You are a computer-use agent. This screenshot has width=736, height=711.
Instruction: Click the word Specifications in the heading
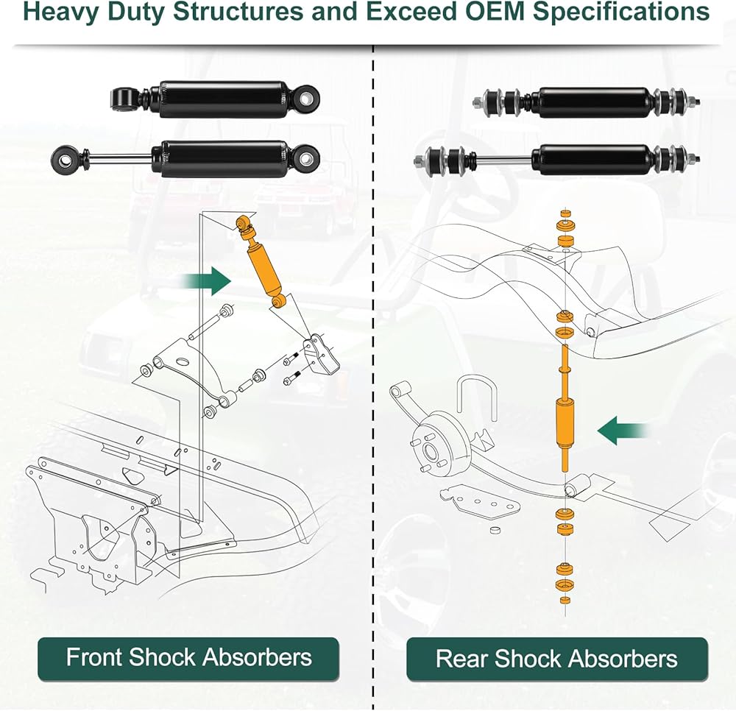pos(621,13)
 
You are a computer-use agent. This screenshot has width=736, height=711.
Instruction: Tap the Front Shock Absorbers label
pos(188,657)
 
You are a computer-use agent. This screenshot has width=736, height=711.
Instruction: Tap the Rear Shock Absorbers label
pos(556,658)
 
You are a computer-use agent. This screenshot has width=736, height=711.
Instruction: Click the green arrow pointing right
pos(207,282)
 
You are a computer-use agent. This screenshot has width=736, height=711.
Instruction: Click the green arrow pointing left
pos(623,431)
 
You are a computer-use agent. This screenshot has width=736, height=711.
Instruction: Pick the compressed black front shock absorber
pos(216,99)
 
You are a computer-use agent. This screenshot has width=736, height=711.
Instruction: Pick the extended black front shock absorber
pos(186,159)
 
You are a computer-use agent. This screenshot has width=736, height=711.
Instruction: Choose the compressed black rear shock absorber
pos(587,102)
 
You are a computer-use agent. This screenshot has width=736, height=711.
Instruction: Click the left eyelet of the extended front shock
pos(66,159)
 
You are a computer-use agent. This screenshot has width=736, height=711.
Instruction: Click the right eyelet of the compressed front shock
pos(307,98)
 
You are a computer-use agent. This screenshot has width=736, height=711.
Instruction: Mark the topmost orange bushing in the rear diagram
pos(567,213)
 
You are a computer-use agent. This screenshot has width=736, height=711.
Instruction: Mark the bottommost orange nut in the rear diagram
pos(565,601)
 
